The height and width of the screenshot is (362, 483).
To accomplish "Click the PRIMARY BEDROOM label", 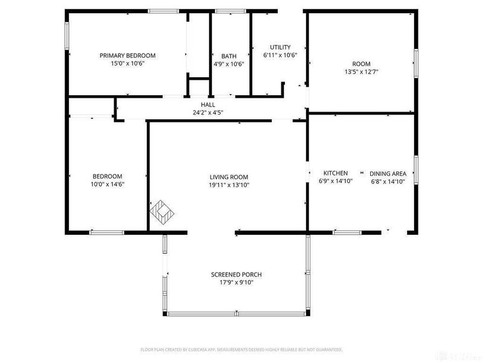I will point(127,56).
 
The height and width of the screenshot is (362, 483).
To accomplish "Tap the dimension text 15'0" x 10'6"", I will point(127,63).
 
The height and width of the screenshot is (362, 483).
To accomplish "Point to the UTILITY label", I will point(280,47).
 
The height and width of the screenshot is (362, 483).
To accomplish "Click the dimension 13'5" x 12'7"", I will point(361,72).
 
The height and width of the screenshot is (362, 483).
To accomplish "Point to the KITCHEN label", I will point(335,173).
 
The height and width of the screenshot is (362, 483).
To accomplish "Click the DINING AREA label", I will point(387,173).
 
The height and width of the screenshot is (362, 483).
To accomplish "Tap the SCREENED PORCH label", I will point(236,275).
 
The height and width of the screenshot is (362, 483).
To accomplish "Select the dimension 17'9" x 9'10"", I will point(236,282).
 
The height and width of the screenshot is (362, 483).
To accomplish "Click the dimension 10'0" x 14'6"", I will point(107,185).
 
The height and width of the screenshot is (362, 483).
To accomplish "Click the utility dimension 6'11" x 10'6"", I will point(280,55).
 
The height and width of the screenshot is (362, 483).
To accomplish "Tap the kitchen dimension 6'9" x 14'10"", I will point(335,181).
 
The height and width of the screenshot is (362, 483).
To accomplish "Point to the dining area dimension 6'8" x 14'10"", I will point(387,181).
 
